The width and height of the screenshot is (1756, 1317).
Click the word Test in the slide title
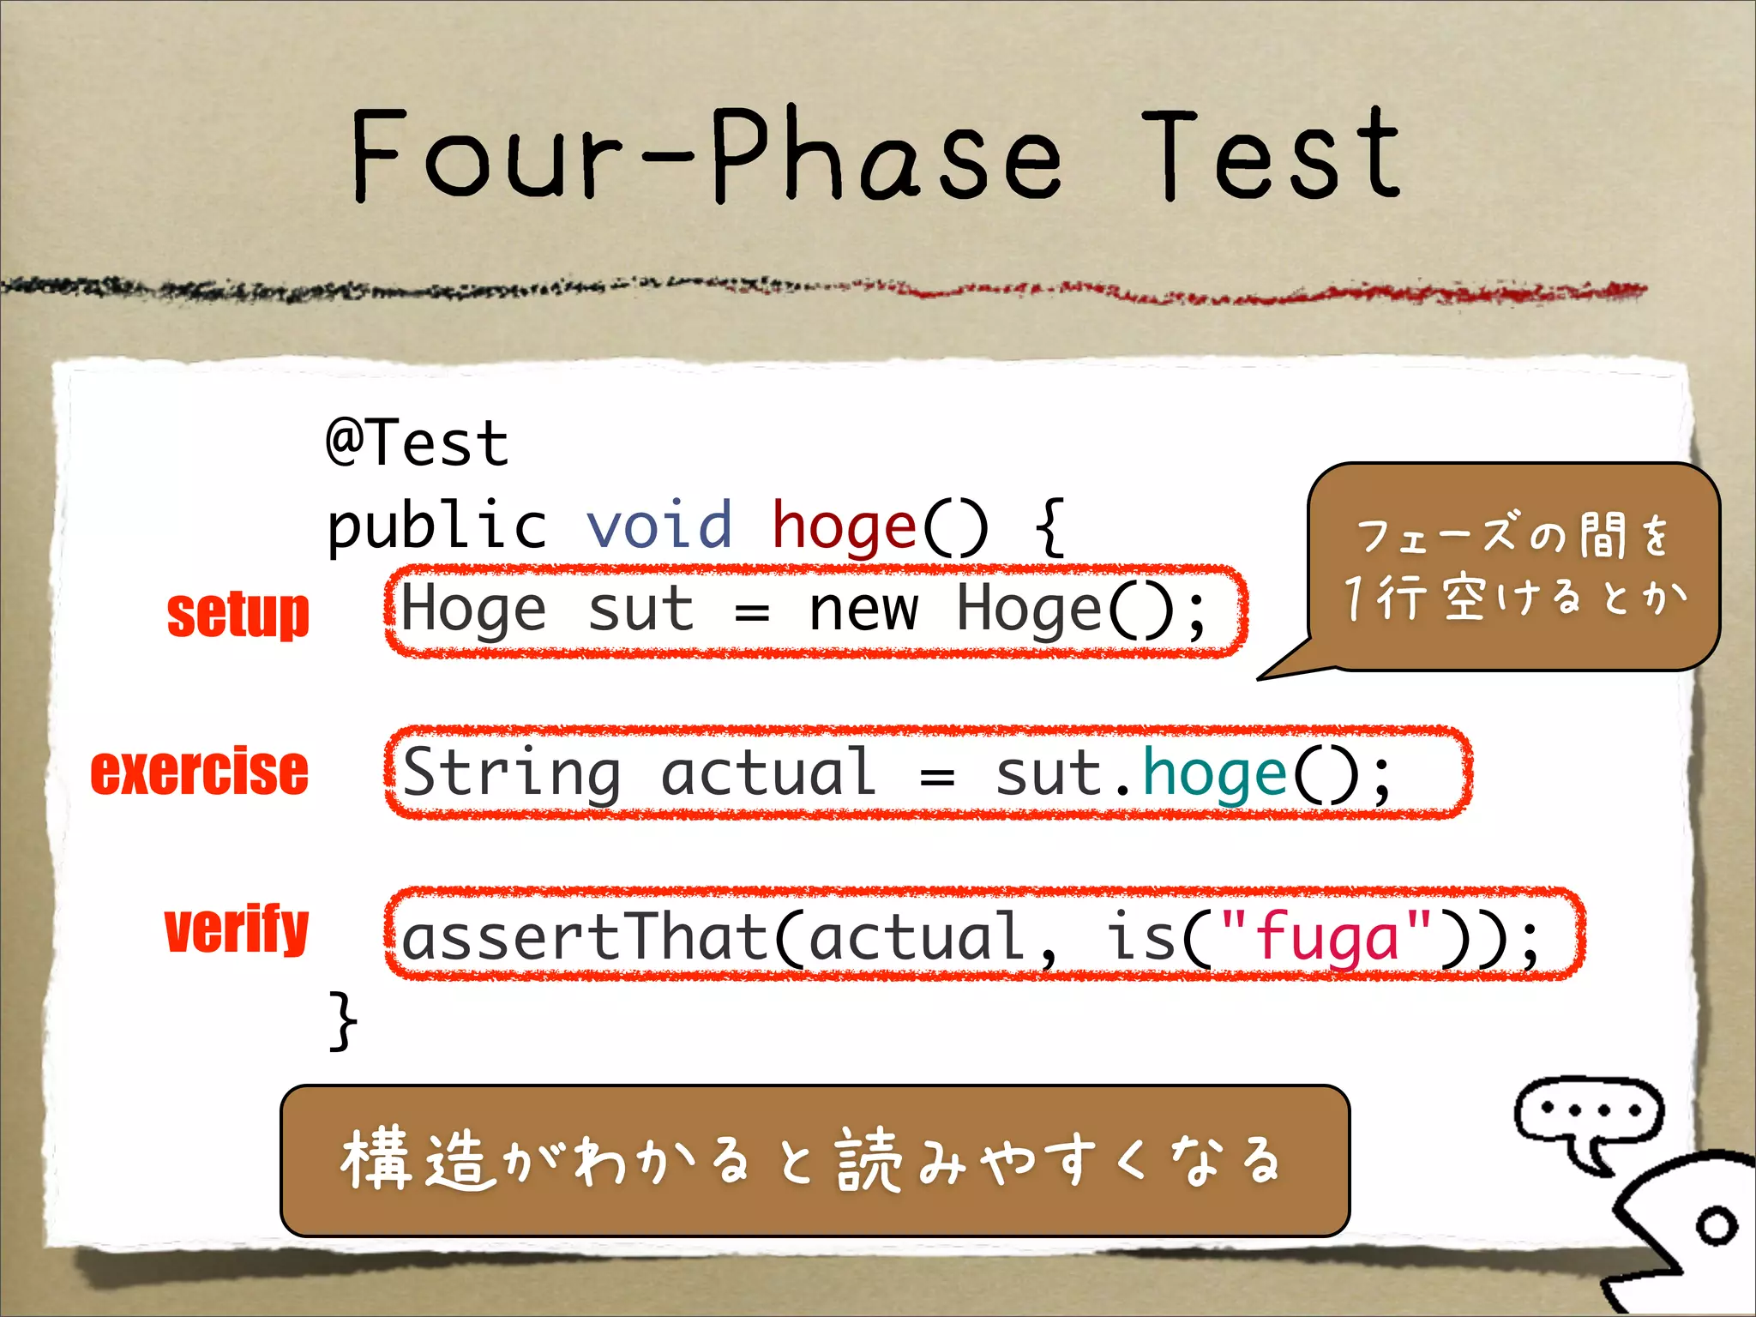point(1271,154)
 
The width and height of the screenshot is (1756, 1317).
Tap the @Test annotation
point(418,442)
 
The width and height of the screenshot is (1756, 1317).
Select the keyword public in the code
point(436,525)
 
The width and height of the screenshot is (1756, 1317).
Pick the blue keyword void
point(658,525)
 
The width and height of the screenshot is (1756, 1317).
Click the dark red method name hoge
point(845,525)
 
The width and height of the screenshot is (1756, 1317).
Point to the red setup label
point(238,614)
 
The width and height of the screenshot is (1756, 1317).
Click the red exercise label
point(199,772)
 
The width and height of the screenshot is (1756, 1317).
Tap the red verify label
point(236,929)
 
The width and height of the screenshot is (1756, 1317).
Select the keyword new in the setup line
point(863,610)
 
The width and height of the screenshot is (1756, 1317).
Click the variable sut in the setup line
point(640,610)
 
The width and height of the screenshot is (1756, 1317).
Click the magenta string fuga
point(1326,938)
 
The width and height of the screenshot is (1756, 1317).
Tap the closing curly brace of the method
point(343,1020)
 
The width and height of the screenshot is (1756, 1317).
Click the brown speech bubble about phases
point(1513,566)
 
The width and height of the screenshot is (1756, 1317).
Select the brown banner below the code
point(815,1160)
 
